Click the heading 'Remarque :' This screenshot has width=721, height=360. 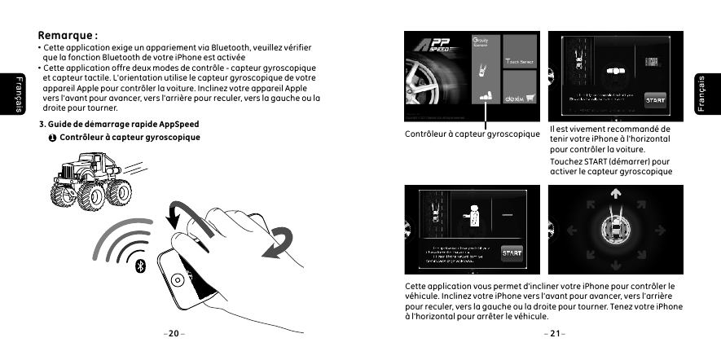click(x=68, y=36)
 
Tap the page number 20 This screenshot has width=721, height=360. click(x=173, y=333)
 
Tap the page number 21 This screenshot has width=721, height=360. click(x=556, y=333)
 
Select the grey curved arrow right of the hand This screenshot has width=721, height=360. click(x=282, y=242)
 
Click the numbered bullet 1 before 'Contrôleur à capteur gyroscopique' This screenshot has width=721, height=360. click(x=52, y=138)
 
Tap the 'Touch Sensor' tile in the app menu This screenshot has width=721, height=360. click(x=520, y=62)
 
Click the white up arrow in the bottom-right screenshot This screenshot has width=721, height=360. click(x=616, y=194)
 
